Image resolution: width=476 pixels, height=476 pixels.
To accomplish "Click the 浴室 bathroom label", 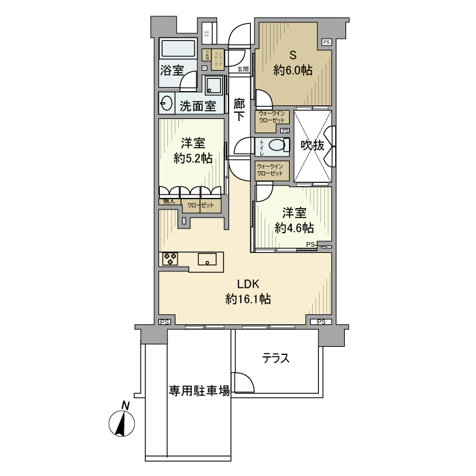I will [x=172, y=70].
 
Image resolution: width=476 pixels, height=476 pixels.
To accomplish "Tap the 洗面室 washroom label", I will [x=197, y=105].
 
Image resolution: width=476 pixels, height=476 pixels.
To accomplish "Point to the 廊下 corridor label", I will [x=239, y=110].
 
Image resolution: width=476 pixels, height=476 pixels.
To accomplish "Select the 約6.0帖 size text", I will [x=293, y=70].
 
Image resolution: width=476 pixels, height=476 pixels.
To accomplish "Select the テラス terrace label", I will [x=276, y=358].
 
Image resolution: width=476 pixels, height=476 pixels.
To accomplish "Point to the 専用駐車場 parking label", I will [x=199, y=391].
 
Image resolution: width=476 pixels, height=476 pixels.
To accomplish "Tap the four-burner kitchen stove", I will [x=169, y=258].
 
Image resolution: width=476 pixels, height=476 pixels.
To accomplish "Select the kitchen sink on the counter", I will [x=208, y=258].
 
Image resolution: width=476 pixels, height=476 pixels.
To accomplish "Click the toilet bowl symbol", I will [x=276, y=145].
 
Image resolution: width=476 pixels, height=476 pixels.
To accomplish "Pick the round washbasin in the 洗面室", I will [x=167, y=104].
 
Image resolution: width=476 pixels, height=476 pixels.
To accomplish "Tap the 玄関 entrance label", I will [x=243, y=69].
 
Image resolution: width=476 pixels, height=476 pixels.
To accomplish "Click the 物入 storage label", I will [x=168, y=202].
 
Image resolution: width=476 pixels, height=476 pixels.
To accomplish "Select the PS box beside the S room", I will [x=326, y=42].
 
